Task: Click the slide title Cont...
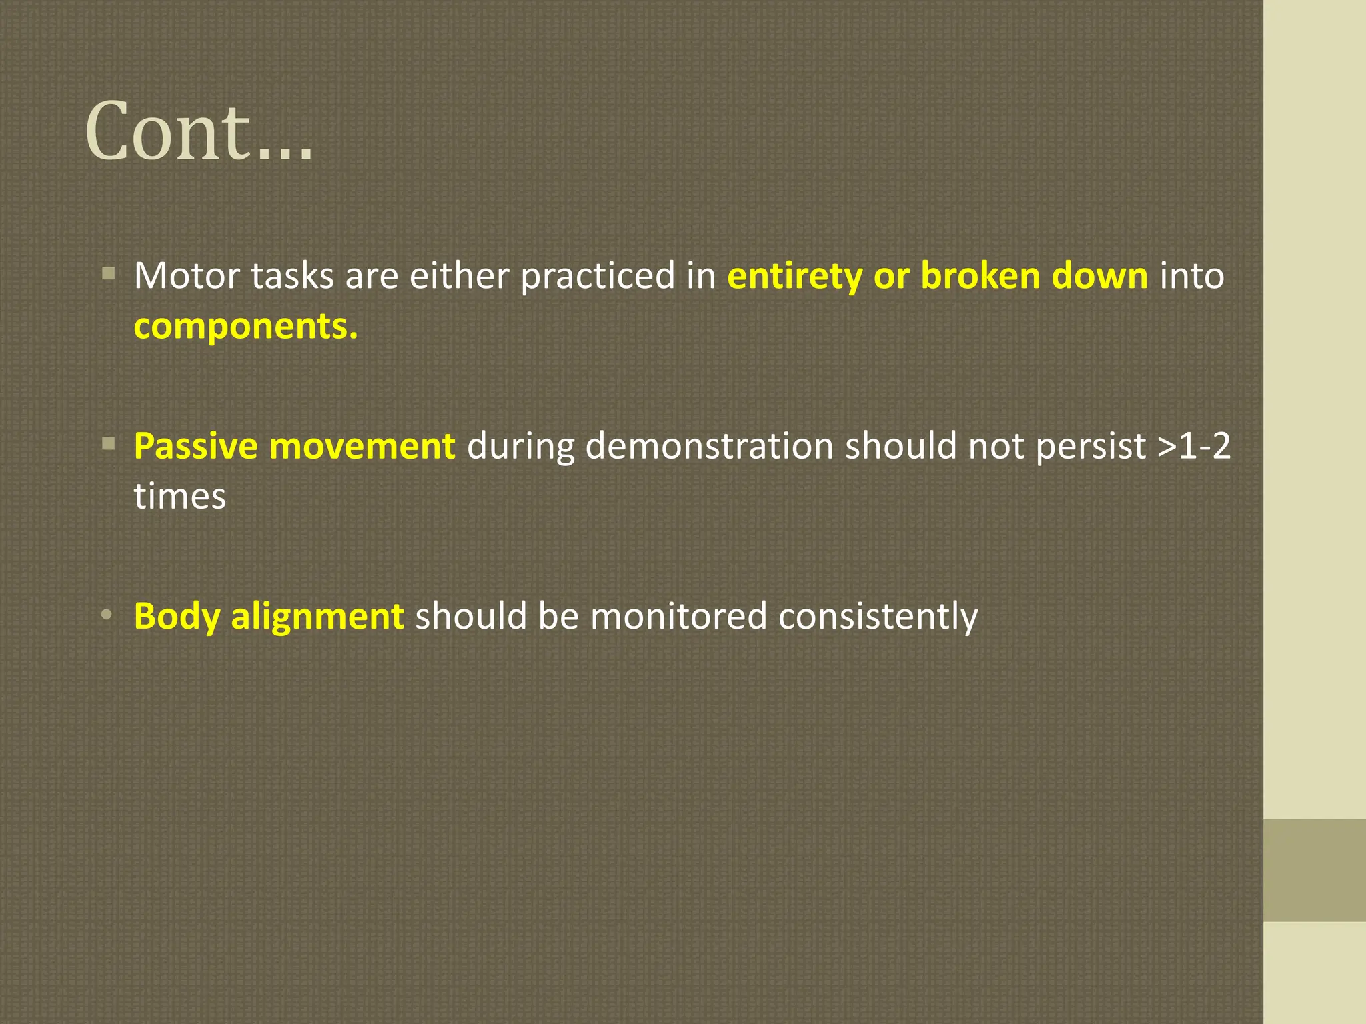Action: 199,131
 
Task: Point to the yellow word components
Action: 245,327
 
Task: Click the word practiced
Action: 598,277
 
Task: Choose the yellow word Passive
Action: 195,445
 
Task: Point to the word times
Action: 179,497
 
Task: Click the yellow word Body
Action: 177,616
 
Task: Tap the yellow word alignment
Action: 317,616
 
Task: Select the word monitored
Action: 678,616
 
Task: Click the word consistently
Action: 878,616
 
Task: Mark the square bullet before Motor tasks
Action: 109,273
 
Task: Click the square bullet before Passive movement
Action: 109,443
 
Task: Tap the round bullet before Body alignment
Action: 107,615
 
